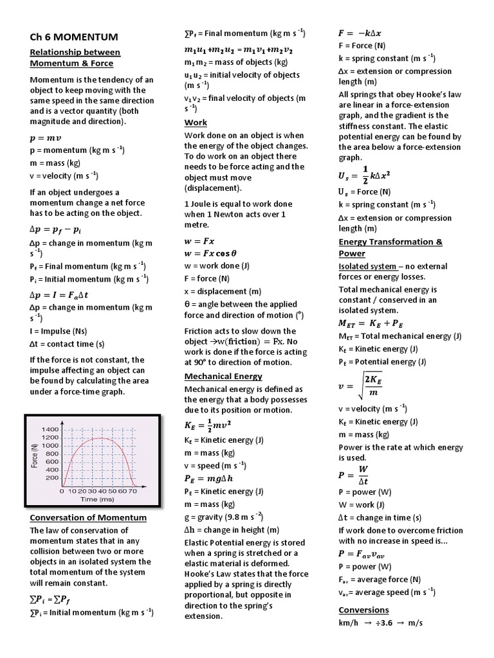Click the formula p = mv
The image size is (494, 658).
[47, 138]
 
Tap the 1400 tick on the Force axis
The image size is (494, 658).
[50, 429]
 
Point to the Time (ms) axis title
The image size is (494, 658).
[97, 499]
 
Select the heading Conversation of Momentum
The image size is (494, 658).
[88, 517]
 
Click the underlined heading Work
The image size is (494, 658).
[196, 122]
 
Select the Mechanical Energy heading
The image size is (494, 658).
[223, 376]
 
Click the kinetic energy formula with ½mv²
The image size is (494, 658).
[208, 425]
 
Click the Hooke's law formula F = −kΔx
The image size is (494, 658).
[363, 33]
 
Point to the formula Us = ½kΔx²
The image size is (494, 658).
[365, 175]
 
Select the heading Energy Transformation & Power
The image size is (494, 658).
[390, 247]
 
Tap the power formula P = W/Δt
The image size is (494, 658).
[354, 476]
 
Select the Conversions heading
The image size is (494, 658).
[363, 610]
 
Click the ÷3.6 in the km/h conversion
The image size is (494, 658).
[387, 623]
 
